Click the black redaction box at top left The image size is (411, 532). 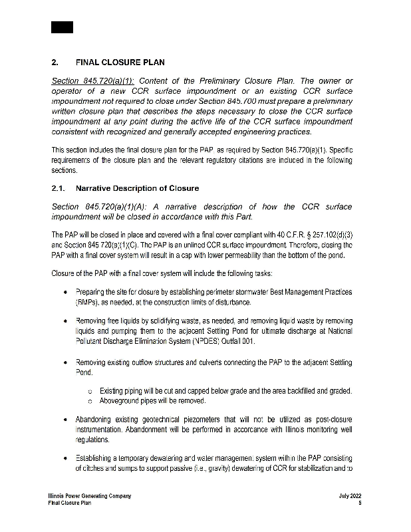(x=62, y=27)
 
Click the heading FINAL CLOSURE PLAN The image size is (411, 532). (x=120, y=64)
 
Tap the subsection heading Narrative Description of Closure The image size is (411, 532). (x=137, y=189)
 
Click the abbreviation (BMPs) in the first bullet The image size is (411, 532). (x=88, y=303)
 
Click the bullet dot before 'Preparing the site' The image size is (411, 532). (x=64, y=293)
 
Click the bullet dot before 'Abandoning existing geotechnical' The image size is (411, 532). (x=64, y=420)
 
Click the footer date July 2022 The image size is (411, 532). (x=349, y=496)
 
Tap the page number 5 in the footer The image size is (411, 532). (x=359, y=503)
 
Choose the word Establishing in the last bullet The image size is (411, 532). (x=98, y=458)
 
